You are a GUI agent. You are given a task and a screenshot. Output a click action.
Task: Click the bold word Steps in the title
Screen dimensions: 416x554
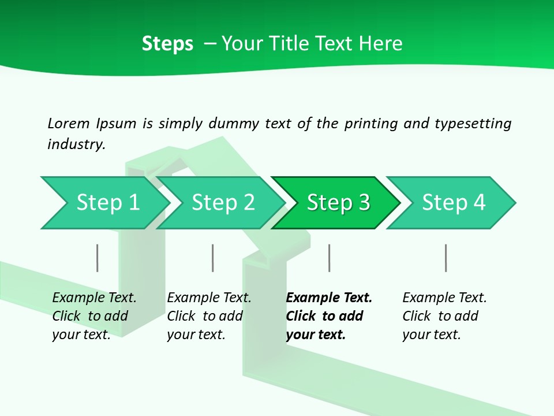click(x=167, y=44)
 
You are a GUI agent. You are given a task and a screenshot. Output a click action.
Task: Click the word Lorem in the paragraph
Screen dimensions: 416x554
click(x=69, y=123)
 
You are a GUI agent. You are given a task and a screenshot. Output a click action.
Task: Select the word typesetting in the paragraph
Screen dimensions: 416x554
click(x=473, y=123)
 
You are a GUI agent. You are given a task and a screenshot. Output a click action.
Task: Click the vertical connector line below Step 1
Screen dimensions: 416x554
click(x=98, y=258)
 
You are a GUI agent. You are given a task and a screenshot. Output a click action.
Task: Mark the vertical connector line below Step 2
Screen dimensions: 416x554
click(x=213, y=258)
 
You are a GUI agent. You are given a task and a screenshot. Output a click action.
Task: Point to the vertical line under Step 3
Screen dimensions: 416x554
click(x=329, y=258)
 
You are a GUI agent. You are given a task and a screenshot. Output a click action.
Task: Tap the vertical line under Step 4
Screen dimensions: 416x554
click(x=446, y=258)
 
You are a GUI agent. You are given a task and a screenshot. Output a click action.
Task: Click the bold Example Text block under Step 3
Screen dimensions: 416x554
click(x=329, y=316)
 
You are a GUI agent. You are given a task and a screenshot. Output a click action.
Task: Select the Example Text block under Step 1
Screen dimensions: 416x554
click(x=94, y=316)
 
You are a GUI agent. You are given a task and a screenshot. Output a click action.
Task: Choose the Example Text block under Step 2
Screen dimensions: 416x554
click(x=209, y=316)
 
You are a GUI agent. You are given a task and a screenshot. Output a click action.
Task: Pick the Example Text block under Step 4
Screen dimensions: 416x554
click(x=444, y=316)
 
